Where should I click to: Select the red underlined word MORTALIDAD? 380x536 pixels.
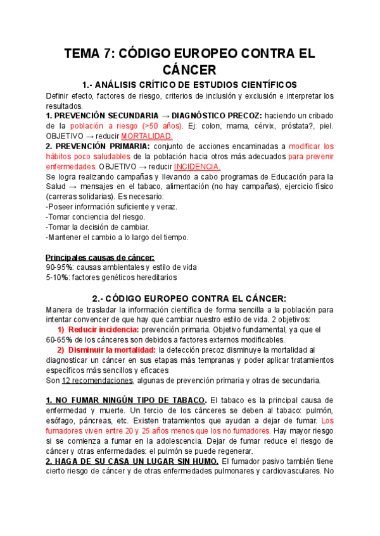pyautogui.click(x=147, y=136)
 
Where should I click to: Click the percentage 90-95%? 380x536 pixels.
pyautogui.click(x=60, y=267)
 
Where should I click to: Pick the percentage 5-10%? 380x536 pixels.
pyautogui.click(x=58, y=277)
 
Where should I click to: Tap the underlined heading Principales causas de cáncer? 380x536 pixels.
pyautogui.click(x=100, y=257)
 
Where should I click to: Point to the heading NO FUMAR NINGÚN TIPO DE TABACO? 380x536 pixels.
pyautogui.click(x=127, y=400)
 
